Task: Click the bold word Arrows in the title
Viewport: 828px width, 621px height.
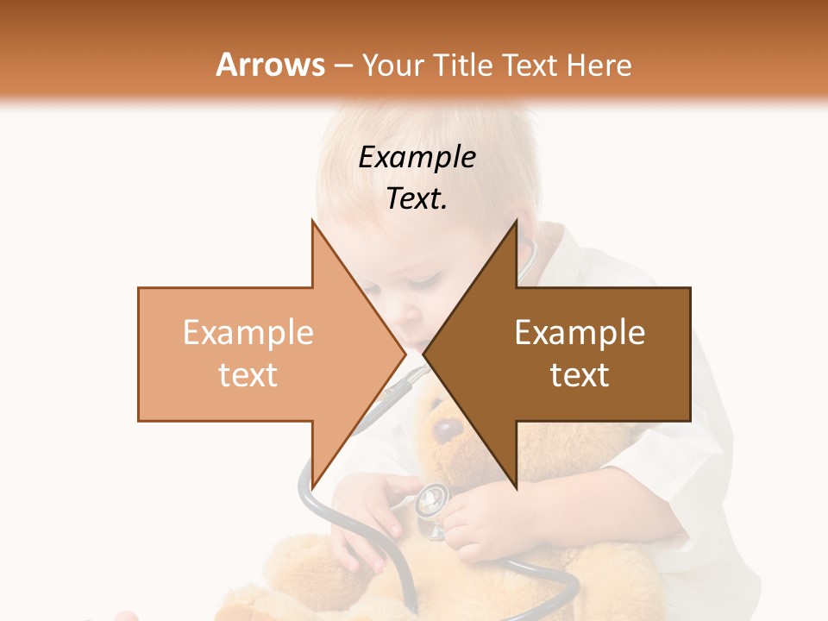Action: tap(271, 65)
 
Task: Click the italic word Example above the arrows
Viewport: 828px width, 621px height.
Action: tap(417, 157)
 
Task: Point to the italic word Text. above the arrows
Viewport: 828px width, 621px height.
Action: tap(417, 199)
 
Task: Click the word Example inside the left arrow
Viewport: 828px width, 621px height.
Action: tap(248, 333)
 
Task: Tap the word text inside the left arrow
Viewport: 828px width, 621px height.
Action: tap(248, 374)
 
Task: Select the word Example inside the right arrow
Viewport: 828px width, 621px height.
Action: tap(580, 333)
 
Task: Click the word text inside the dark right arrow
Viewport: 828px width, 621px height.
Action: tap(580, 374)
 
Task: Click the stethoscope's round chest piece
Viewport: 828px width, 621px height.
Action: tap(431, 499)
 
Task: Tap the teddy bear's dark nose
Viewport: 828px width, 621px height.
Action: tap(446, 429)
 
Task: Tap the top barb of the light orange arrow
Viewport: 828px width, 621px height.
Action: tap(316, 228)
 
